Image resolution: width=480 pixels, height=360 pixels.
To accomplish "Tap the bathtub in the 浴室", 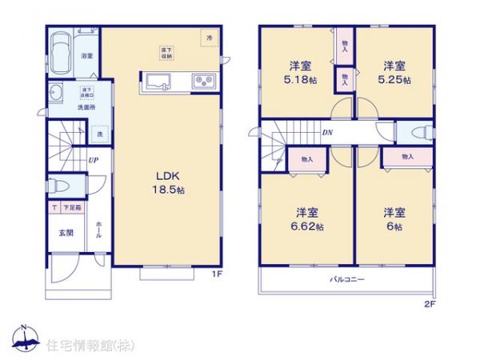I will [62, 51].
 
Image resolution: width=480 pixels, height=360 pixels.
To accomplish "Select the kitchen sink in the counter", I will [156, 82].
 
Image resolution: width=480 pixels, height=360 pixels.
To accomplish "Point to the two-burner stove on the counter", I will [201, 81].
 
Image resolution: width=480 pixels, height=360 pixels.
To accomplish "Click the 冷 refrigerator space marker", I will [210, 38].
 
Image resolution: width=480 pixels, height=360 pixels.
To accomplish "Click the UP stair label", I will [94, 160].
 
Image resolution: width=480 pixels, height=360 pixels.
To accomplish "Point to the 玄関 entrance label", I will [65, 233].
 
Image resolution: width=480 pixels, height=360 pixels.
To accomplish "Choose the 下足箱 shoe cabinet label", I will [71, 208].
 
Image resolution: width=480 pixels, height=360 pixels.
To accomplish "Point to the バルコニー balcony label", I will [347, 280].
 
